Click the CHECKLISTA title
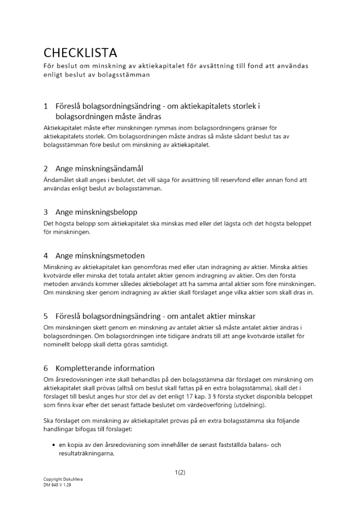pyautogui.click(x=80, y=53)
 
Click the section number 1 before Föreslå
pyautogui.click(x=46, y=106)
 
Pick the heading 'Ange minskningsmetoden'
pyautogui.click(x=100, y=256)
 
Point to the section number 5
pyautogui.click(x=46, y=316)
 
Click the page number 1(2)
pyautogui.click(x=180, y=472)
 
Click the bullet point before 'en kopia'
pyautogui.click(x=53, y=445)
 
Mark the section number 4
pyautogui.click(x=46, y=256)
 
